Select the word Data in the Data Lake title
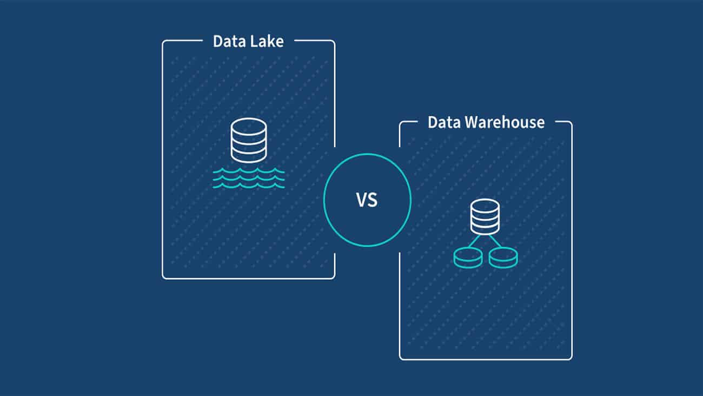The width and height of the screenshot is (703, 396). pos(228,42)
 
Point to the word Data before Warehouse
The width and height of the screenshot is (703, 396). pos(442,122)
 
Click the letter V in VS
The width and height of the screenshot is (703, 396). pos(361,201)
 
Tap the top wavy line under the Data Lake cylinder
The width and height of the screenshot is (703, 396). pos(249,171)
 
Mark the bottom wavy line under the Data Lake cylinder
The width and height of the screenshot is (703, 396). pos(249,186)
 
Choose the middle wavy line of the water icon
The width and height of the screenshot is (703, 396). pos(249,179)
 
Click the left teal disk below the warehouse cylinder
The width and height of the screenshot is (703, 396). pos(468,258)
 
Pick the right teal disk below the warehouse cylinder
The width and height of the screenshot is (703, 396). pos(503,258)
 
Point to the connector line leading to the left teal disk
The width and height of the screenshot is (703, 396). pos(475,241)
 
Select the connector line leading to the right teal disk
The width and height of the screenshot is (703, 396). pos(495,241)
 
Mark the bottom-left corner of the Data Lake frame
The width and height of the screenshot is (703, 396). pos(163,278)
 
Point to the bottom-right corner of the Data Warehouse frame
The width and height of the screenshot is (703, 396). pos(571,358)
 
